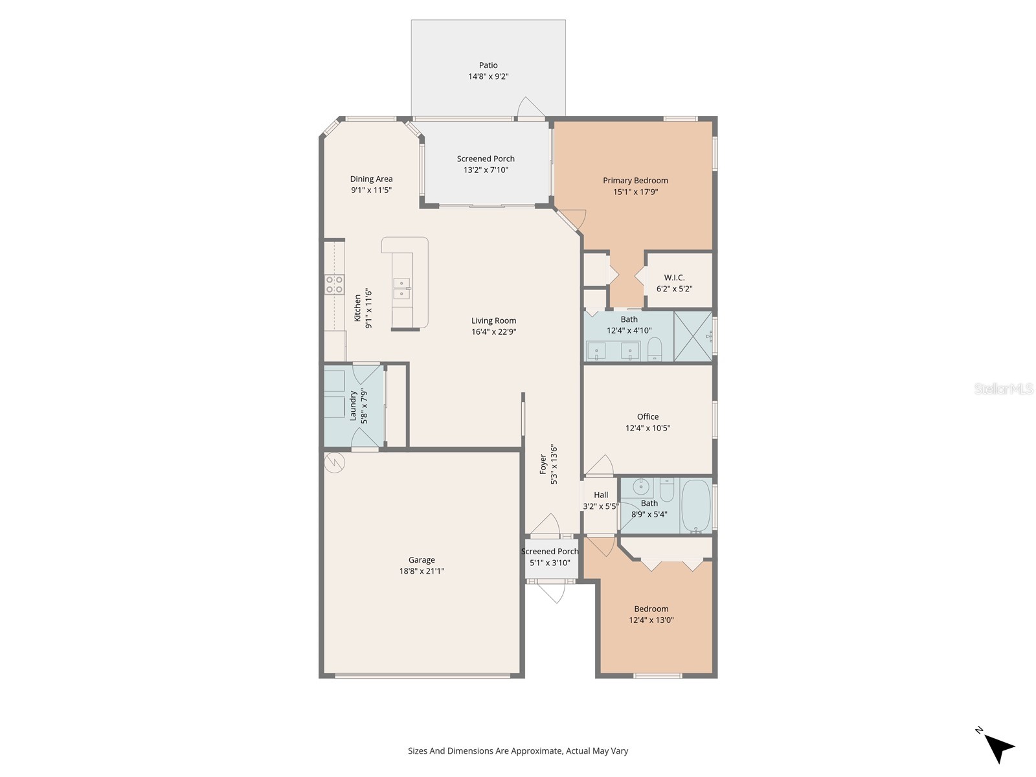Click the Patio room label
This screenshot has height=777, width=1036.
488,65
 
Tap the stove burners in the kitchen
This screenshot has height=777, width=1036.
335,285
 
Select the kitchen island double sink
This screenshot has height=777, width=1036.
402,288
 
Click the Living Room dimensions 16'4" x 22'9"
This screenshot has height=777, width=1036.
493,332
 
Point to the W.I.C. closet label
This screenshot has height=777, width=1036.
674,278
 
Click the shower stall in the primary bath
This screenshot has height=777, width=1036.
693,336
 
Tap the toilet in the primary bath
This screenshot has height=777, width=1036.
655,348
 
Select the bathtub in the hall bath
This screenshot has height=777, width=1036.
695,506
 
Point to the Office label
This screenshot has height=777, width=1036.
647,417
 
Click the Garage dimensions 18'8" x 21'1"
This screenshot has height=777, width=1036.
422,571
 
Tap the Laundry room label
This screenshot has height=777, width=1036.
354,406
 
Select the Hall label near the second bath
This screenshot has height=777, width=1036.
601,495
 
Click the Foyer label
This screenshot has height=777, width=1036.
543,464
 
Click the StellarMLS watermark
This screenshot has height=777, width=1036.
1003,389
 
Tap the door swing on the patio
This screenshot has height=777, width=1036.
531,108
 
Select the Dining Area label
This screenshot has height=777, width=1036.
371,179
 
